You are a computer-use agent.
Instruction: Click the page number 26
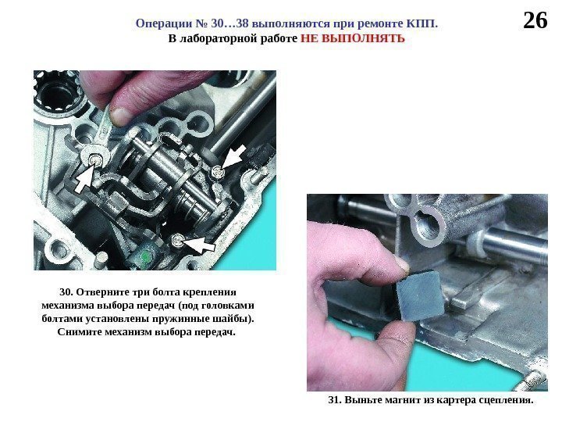tap(535, 20)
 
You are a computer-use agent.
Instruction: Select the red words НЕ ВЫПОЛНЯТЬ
tap(353, 38)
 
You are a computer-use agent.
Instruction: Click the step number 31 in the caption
tap(335, 400)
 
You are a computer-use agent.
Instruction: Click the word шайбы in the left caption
tap(235, 319)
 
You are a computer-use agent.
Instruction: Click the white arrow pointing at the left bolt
tap(84, 180)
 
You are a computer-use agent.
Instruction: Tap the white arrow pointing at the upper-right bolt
tap(233, 156)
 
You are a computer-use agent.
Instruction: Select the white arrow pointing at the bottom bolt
tap(199, 245)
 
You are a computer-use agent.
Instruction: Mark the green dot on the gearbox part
tap(146, 256)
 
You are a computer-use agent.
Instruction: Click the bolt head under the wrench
tap(94, 158)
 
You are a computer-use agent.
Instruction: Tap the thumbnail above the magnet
tap(400, 264)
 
